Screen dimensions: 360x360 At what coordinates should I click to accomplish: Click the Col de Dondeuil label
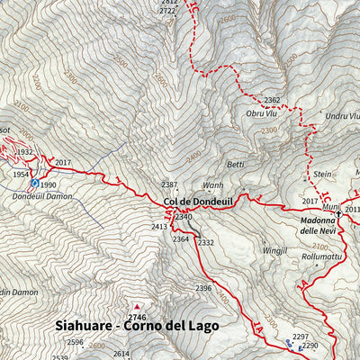pyautogui.click(x=199, y=202)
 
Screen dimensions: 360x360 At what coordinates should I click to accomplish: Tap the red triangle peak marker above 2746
pyautogui.click(x=137, y=306)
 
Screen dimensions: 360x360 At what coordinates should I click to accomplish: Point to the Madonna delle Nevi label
pyautogui.click(x=323, y=224)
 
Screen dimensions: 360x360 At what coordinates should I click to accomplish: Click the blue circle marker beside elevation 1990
pyautogui.click(x=34, y=183)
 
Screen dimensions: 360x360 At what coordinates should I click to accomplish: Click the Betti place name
pyautogui.click(x=236, y=165)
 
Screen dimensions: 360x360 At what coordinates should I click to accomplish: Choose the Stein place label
pyautogui.click(x=322, y=173)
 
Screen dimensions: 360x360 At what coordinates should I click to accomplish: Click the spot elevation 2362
pyautogui.click(x=272, y=101)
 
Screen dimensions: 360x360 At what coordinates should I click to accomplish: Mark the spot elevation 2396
pyautogui.click(x=202, y=287)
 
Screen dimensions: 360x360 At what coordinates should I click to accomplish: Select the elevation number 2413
pyautogui.click(x=159, y=227)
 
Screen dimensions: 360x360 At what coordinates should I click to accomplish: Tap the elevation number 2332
pyautogui.click(x=206, y=242)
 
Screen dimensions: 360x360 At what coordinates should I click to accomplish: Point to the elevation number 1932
pyautogui.click(x=25, y=152)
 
